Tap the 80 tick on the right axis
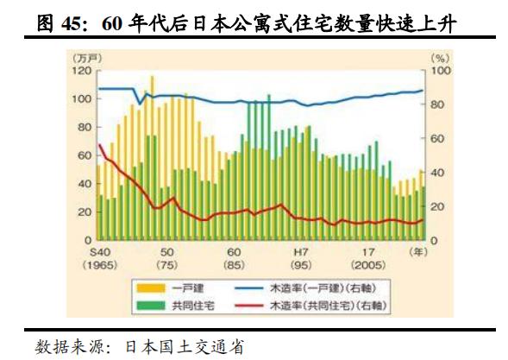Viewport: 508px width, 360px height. (x=436, y=104)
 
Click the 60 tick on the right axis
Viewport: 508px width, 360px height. (x=436, y=138)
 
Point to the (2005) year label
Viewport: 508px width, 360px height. (x=368, y=264)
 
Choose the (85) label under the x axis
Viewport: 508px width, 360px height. (x=233, y=264)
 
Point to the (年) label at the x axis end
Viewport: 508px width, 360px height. (x=418, y=252)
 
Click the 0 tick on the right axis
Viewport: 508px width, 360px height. (x=433, y=240)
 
